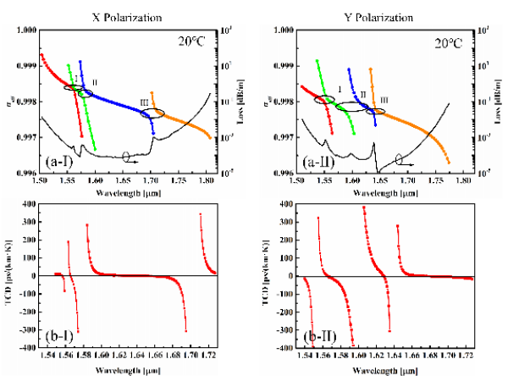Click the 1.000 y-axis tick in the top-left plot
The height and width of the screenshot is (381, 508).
26,30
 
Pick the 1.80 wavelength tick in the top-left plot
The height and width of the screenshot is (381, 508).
207,180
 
